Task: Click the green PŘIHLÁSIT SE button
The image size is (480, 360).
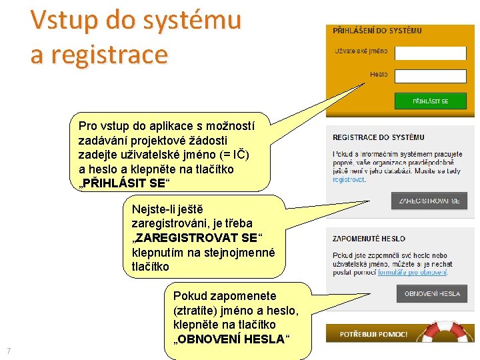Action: pos(430,101)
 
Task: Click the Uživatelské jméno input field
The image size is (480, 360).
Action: pos(430,53)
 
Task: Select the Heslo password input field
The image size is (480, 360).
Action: pos(430,75)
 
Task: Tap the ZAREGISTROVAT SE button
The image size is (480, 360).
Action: pos(429,201)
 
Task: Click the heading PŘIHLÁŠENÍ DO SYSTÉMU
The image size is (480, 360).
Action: pos(377,31)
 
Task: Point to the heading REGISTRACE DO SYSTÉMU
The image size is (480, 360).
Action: pos(378,137)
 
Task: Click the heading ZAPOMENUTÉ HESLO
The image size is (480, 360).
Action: pos(369,239)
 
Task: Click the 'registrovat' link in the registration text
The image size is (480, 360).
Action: pos(349,180)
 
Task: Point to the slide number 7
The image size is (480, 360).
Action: pos(8,351)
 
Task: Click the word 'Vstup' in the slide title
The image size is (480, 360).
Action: pos(64,20)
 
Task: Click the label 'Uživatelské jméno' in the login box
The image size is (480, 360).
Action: pos(361,51)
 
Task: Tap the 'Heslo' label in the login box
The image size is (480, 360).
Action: pos(379,75)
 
